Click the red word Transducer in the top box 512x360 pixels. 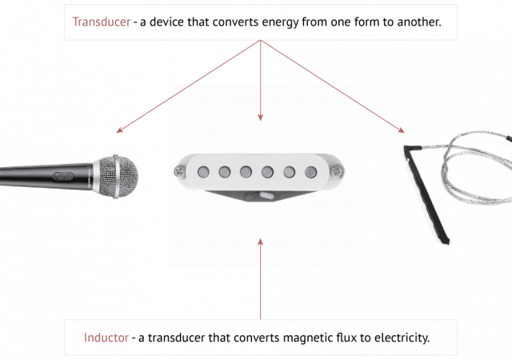click(x=101, y=21)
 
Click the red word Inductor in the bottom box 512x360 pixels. click(x=106, y=338)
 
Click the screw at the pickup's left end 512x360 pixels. click(x=179, y=170)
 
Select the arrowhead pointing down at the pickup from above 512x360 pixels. click(x=260, y=118)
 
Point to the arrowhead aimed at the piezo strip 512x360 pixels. click(x=401, y=130)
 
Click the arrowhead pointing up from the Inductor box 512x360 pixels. click(x=260, y=239)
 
